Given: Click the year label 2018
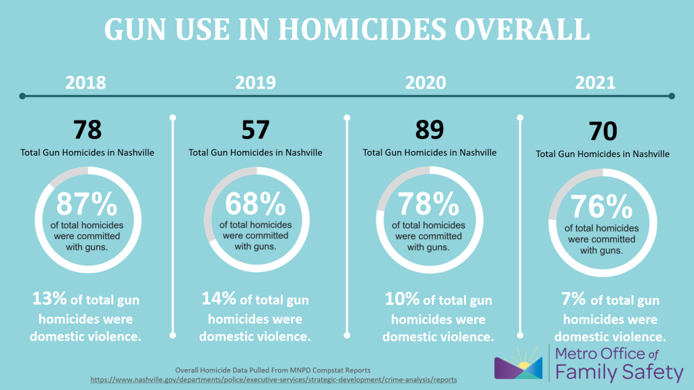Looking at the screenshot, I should (85, 83).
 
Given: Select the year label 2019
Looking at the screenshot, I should (256, 83).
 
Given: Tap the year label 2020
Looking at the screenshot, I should (426, 83).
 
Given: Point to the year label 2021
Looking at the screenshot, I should (595, 83).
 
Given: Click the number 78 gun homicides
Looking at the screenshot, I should (87, 129).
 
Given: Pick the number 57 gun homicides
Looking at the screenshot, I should (256, 129).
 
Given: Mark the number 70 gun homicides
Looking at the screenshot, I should (603, 131).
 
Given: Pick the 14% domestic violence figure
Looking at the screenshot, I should (218, 298).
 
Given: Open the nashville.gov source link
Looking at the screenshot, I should (274, 380).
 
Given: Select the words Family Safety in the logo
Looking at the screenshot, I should (619, 372).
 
